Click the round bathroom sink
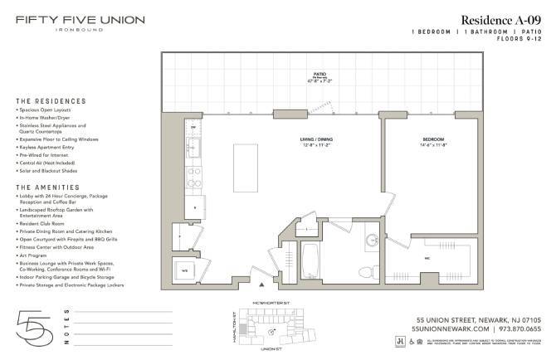click(x=373, y=241)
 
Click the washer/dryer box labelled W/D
click(x=186, y=270)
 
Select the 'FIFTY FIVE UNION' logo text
click(x=80, y=19)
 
